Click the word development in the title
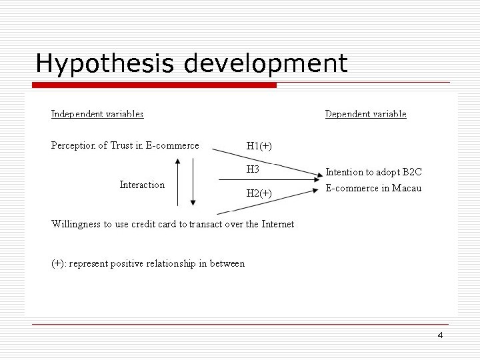(x=265, y=64)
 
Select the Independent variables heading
(x=97, y=114)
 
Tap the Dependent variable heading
(x=365, y=114)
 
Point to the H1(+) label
(x=259, y=146)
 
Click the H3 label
(x=253, y=169)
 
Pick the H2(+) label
(x=259, y=193)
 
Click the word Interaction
(x=142, y=185)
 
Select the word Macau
(x=407, y=188)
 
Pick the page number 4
(x=440, y=335)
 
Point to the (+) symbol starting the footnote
(x=58, y=263)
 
